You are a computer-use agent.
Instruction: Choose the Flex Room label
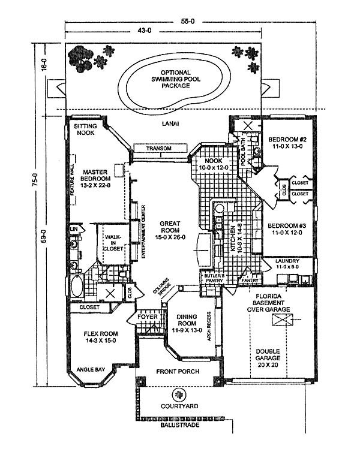click(x=101, y=338)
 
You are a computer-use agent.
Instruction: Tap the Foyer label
click(x=147, y=317)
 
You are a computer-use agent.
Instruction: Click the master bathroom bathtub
click(x=77, y=287)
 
